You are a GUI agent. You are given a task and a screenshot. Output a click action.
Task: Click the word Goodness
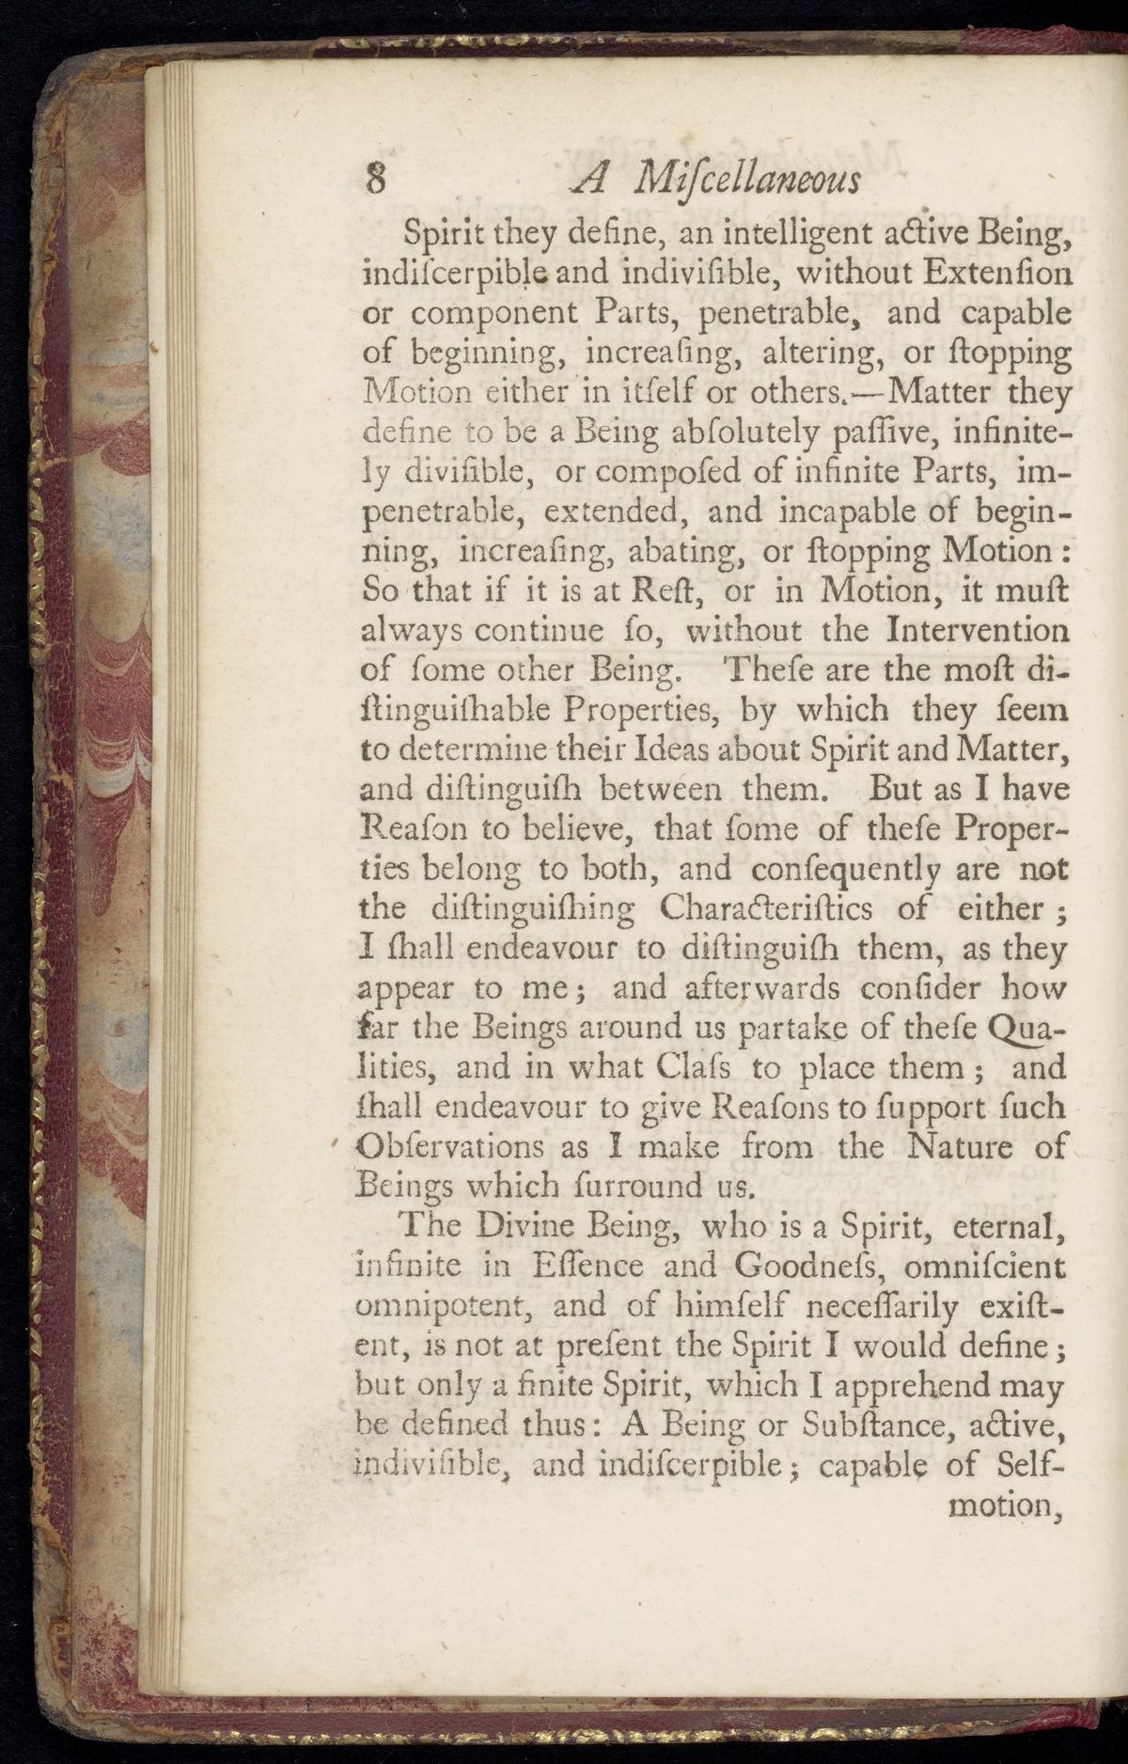tap(809, 1266)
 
